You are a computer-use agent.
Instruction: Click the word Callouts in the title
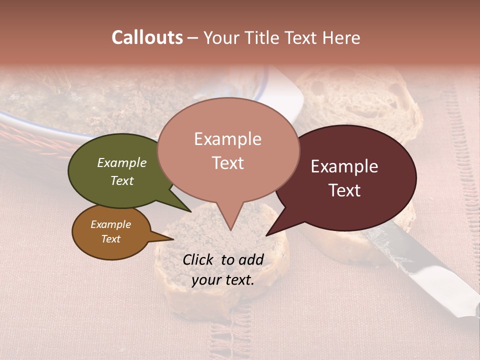(147, 37)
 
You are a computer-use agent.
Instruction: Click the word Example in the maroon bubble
(344, 166)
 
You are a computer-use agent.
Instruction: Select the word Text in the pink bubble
(228, 163)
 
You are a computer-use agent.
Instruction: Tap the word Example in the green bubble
(122, 162)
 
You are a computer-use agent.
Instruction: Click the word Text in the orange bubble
(111, 239)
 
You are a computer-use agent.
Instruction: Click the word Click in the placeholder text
(199, 259)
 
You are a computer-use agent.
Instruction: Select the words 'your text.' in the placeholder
(223, 280)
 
